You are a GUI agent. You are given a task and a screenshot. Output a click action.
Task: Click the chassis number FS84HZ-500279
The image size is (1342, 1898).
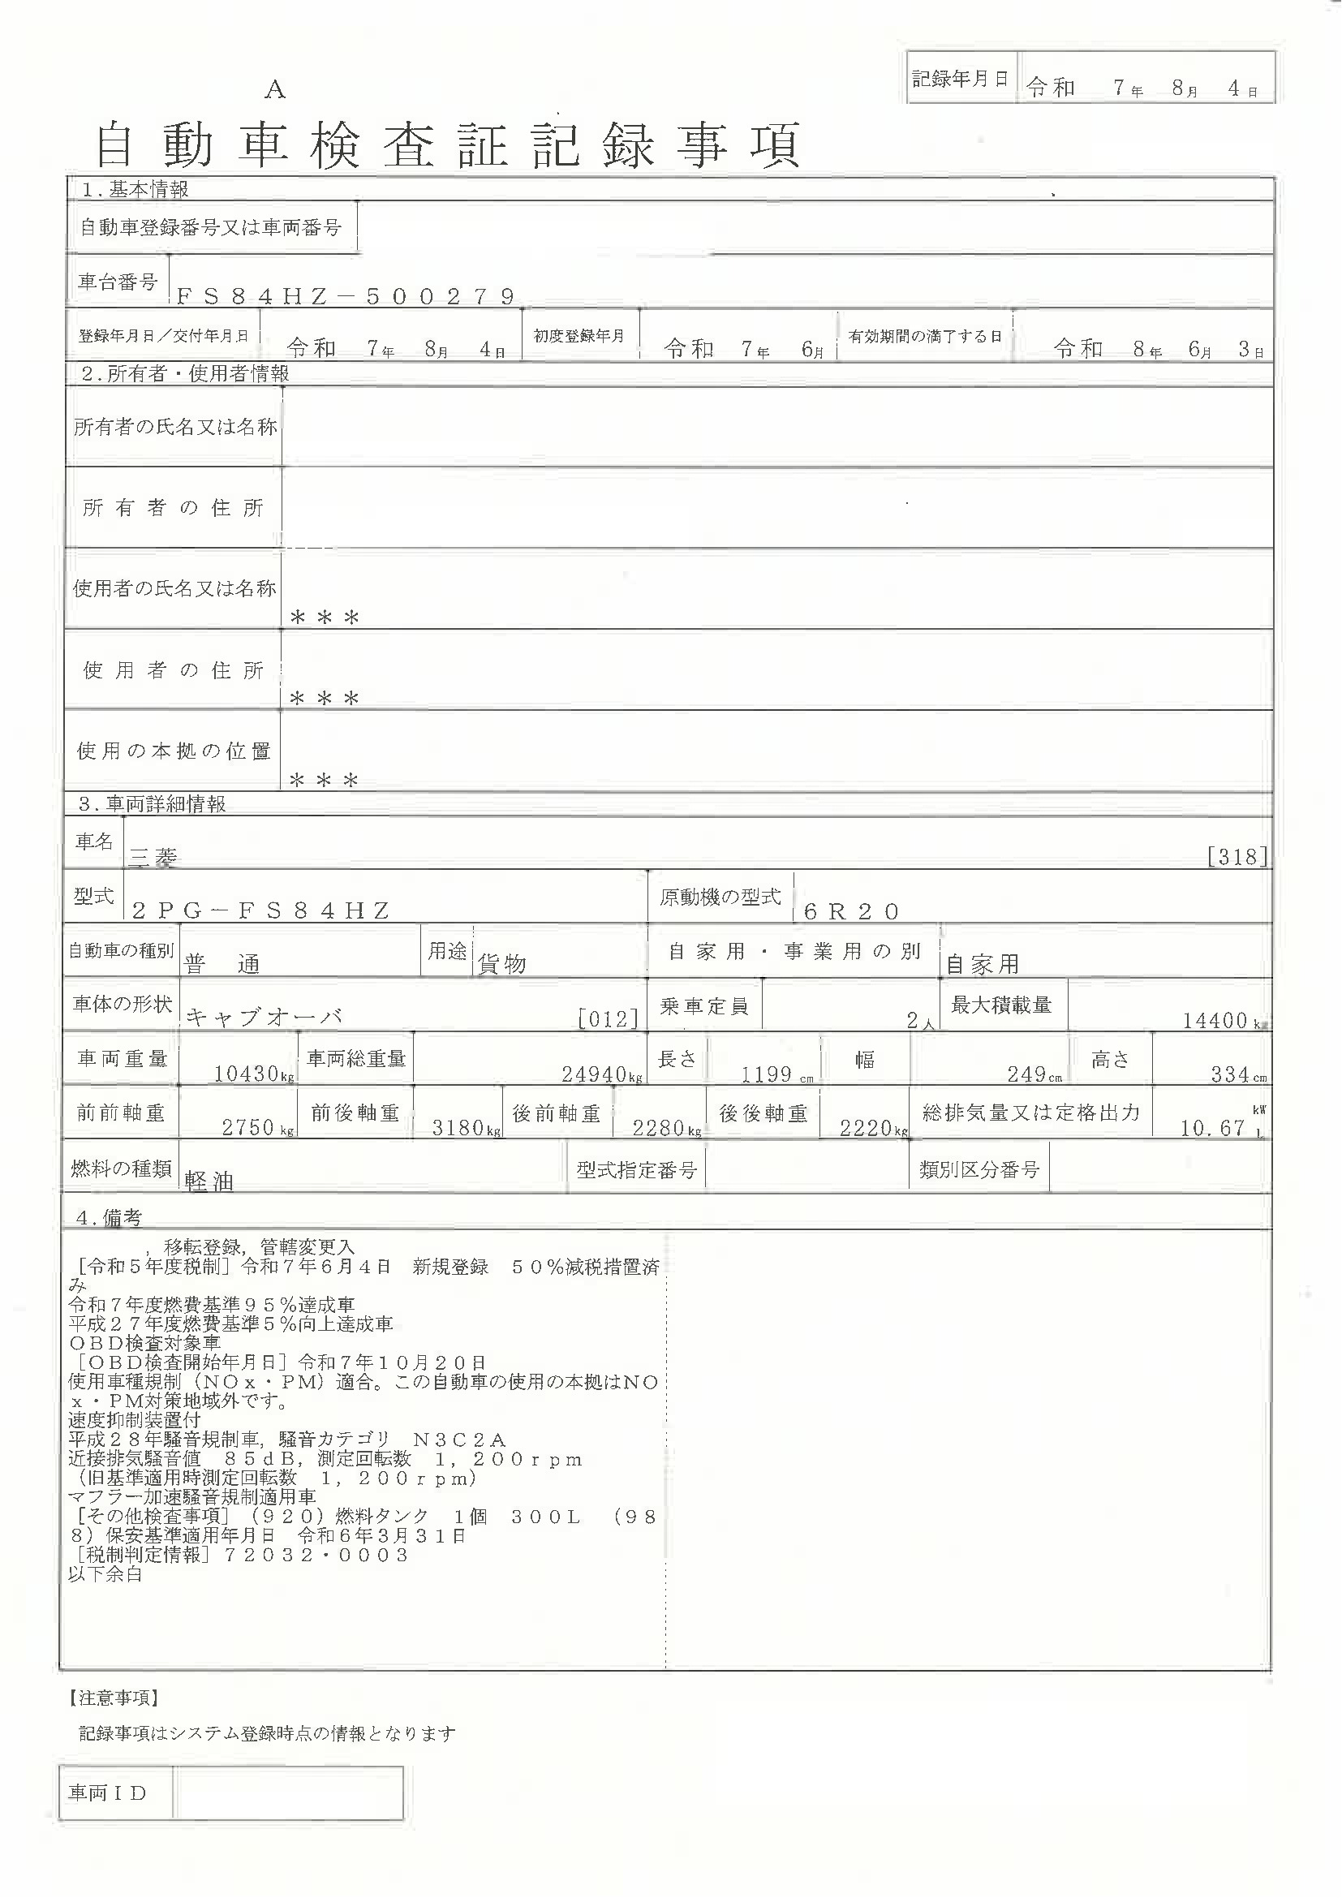coord(346,296)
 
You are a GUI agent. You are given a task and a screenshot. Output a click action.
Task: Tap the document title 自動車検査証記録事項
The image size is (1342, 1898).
coord(448,145)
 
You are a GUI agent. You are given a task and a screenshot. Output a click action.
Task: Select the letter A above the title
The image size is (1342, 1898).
coord(275,91)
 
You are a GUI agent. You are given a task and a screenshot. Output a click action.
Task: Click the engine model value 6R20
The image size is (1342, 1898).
coord(851,911)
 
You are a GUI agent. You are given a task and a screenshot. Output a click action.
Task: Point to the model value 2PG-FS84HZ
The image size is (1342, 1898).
coord(260,911)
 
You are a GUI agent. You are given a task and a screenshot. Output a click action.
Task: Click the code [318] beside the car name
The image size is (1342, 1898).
coord(1237,856)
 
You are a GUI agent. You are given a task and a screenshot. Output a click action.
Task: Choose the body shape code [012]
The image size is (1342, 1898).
coord(609,1018)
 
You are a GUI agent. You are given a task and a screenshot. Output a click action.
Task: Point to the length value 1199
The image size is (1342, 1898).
coord(766,1074)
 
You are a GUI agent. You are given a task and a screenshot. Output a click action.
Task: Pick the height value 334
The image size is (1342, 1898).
coord(1229,1074)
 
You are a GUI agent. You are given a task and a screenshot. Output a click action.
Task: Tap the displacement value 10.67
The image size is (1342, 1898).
coord(1212,1128)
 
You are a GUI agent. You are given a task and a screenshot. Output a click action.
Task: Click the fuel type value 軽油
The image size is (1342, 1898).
coord(209,1182)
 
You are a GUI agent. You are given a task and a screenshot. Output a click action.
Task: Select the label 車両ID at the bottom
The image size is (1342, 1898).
coord(107,1793)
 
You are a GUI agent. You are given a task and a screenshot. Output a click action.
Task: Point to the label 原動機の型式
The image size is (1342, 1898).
coord(720,897)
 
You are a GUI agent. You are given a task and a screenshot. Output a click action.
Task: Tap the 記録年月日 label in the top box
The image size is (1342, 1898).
coord(960,79)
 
